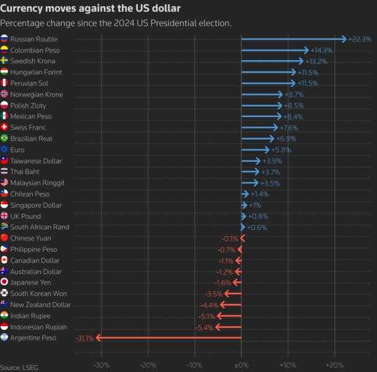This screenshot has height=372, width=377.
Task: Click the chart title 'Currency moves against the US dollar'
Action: pos(90,8)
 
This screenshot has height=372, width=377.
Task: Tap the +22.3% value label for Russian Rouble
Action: pos(360,39)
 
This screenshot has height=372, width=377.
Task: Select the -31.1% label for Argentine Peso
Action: pos(84,338)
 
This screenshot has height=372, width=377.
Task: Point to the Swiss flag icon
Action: pos(4,127)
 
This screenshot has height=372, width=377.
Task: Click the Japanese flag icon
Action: pos(4,282)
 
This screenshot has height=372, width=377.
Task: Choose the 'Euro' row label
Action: pos(18,149)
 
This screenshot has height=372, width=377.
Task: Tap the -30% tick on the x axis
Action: pos(101,365)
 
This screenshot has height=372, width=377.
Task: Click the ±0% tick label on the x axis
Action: pos(241,365)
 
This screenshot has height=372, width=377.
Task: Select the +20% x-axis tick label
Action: pos(334,365)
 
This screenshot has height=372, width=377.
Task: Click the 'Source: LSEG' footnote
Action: pos(19,368)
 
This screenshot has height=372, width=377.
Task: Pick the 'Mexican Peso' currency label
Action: pos(30,116)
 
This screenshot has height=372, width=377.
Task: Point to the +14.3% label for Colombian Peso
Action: pos(321,50)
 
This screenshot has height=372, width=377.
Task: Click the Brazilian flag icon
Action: pos(4,138)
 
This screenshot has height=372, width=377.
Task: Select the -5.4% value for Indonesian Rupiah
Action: pos(204,327)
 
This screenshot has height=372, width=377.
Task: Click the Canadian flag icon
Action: pos(4,260)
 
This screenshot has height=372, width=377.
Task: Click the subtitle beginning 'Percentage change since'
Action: pos(116,24)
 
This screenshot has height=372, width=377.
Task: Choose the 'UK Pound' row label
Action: pos(25,216)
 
